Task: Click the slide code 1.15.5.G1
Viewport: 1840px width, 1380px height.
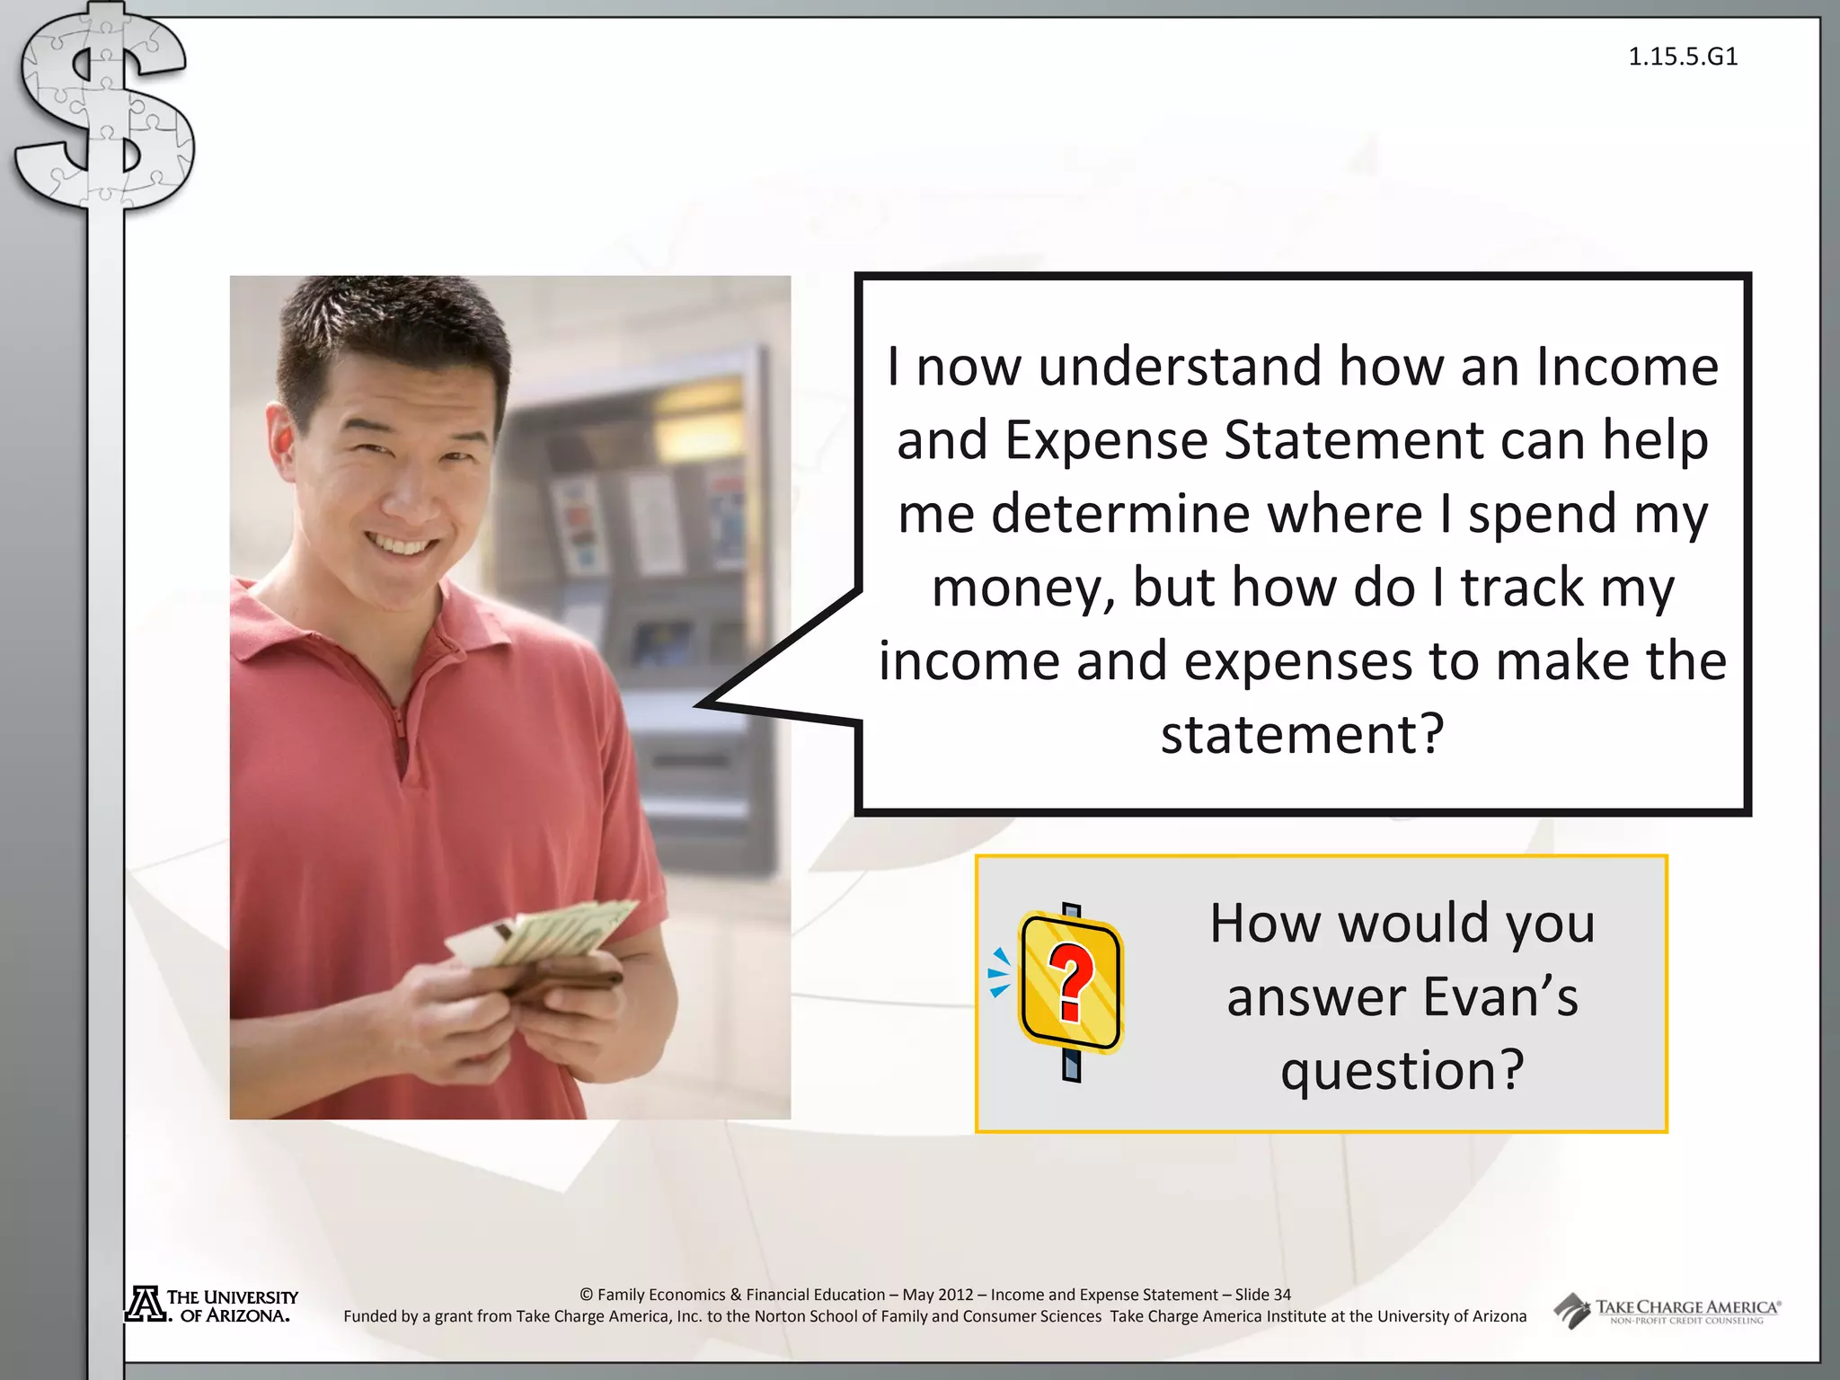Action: coord(1683,57)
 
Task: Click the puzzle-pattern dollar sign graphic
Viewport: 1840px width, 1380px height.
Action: coord(103,108)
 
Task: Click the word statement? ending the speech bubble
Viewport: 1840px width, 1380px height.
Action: coord(1302,734)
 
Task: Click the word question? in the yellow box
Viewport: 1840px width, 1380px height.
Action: coord(1402,1071)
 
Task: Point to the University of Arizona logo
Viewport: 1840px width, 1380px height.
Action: coord(212,1305)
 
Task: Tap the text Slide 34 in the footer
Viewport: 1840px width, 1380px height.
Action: coord(1262,1295)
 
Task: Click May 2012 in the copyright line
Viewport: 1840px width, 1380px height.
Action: coord(937,1295)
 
